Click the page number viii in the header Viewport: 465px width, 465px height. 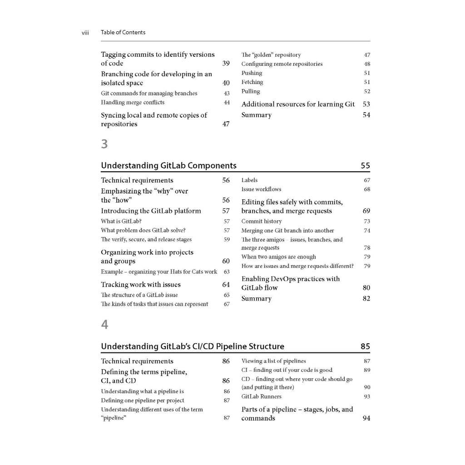coord(85,33)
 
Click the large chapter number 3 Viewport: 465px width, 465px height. coord(104,144)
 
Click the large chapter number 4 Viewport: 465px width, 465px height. coord(104,325)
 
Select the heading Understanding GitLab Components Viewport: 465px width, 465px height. coord(168,166)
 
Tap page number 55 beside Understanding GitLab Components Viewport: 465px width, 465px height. coord(365,166)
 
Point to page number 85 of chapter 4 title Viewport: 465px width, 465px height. coord(365,346)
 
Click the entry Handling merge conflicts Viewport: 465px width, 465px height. coord(133,103)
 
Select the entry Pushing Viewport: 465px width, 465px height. coord(252,73)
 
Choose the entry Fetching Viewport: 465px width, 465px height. coord(252,82)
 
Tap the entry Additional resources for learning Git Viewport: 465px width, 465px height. coord(298,104)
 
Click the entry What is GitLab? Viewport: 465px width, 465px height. coord(121,222)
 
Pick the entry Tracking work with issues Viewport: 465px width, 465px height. coord(141,285)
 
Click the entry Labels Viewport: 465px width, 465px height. coord(249,180)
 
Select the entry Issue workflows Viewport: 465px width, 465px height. coord(261,189)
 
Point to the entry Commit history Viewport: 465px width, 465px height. coord(262,222)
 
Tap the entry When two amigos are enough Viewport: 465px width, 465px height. coord(278,257)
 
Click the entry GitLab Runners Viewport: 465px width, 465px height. coord(261,397)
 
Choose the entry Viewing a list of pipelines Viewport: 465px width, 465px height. coord(273,361)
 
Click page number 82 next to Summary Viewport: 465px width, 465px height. coord(366,299)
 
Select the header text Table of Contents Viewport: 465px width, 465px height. coord(123,33)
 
